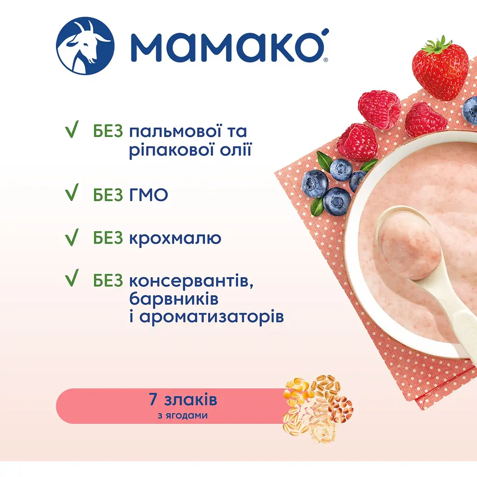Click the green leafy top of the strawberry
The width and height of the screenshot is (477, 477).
(437, 46)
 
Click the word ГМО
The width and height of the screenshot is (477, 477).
(148, 195)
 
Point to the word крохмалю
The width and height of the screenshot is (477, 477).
(175, 238)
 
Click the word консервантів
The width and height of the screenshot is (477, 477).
(193, 281)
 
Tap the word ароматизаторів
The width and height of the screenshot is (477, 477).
(211, 317)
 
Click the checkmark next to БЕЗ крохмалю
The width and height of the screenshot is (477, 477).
(71, 237)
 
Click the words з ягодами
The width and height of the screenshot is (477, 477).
(179, 416)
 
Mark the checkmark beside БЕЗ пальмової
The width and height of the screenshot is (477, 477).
(71, 131)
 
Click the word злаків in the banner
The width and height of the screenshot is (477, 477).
(187, 400)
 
